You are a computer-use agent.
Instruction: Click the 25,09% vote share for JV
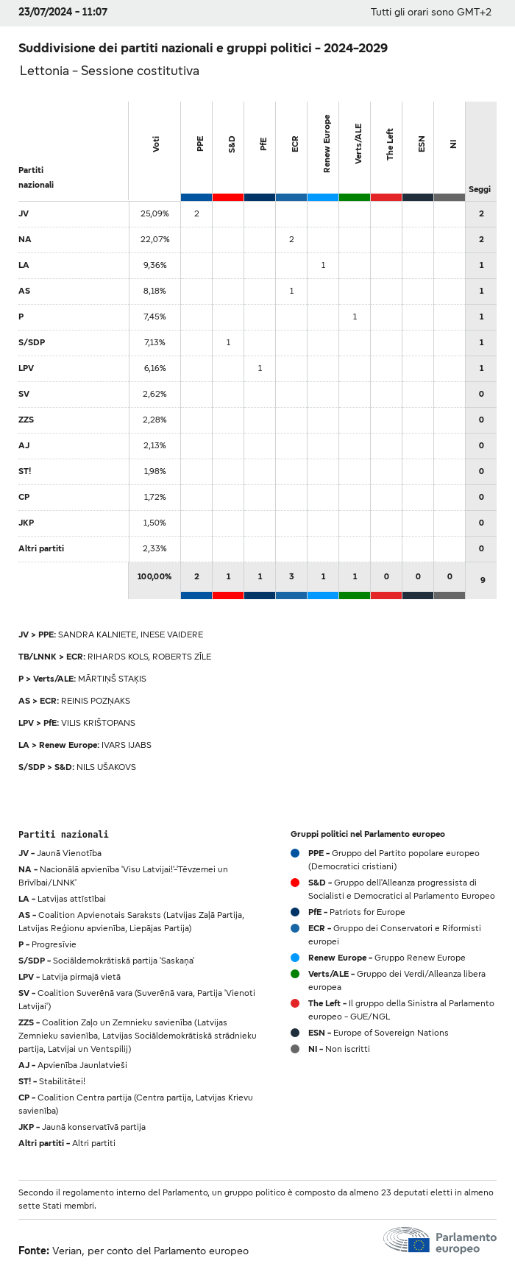(154, 213)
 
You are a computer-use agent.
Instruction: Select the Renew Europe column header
(327, 144)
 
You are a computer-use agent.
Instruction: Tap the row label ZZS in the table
(26, 420)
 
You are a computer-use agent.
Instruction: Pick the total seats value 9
(482, 580)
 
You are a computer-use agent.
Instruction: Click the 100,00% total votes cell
(154, 576)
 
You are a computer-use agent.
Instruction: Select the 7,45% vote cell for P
(154, 317)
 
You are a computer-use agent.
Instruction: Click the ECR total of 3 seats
(291, 576)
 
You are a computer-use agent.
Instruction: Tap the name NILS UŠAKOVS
(106, 767)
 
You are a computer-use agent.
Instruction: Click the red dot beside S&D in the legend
(295, 883)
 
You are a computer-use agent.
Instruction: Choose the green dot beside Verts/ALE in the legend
(295, 974)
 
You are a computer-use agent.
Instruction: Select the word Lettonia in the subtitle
(44, 71)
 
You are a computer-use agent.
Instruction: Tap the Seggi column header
(480, 189)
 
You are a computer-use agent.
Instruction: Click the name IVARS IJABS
(127, 745)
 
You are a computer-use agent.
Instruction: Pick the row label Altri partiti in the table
(41, 548)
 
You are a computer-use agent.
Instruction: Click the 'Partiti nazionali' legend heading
(63, 834)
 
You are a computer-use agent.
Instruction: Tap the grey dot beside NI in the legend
(295, 1049)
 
